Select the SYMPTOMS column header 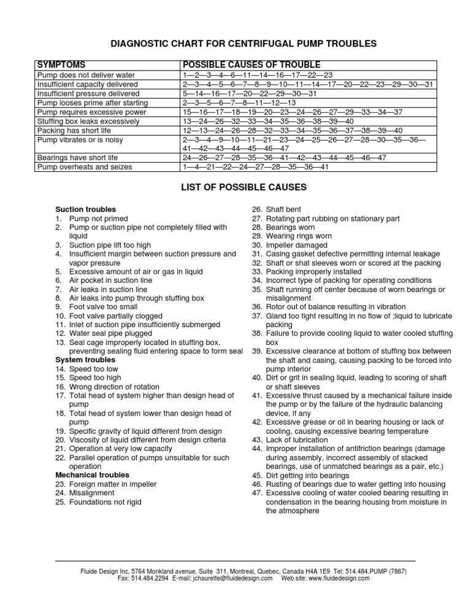click(x=61, y=65)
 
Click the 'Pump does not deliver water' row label click(x=86, y=75)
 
